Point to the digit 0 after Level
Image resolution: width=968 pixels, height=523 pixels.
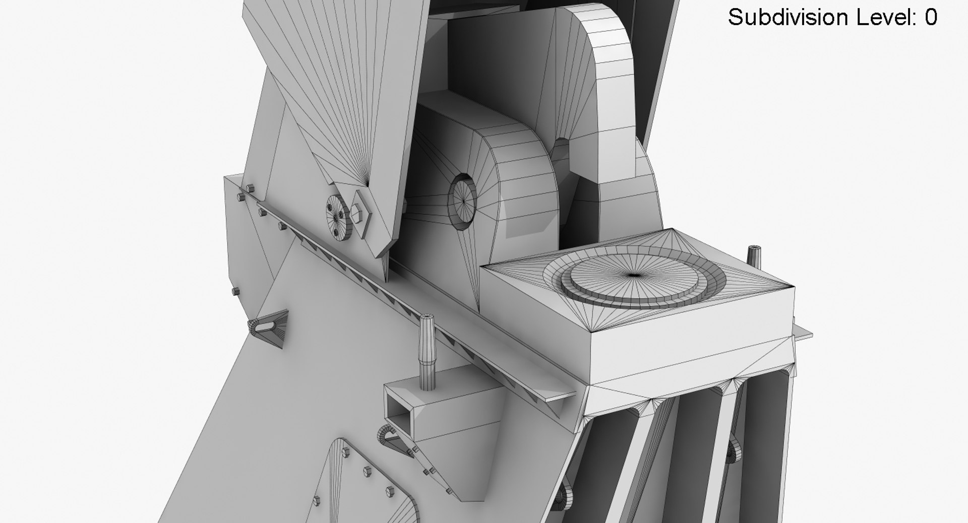tap(931, 18)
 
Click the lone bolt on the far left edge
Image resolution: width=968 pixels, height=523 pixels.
tap(234, 291)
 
